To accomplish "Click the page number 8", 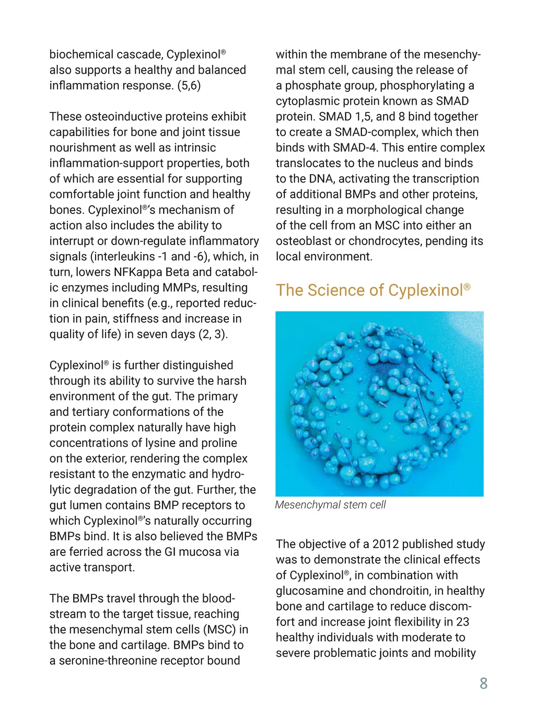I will point(483,683).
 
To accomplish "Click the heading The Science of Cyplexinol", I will point(373,290).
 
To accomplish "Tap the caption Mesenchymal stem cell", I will point(330,505).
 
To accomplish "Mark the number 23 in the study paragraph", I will point(462,622).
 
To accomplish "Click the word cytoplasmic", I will point(310,101).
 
